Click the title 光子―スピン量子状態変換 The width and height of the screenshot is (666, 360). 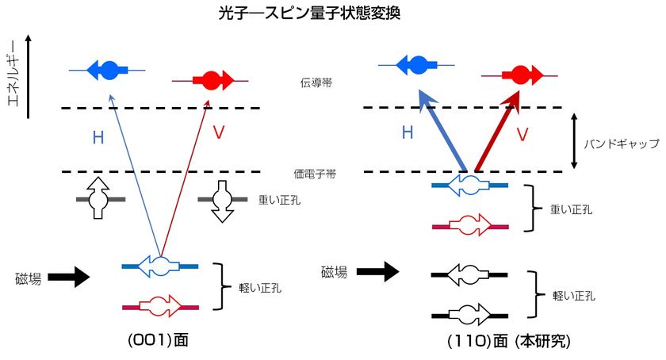tap(309, 13)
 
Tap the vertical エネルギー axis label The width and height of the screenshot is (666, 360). tap(13, 73)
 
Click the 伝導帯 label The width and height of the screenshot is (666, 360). tap(316, 83)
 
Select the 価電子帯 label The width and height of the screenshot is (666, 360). tap(315, 174)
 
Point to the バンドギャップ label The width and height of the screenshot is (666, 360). tap(622, 144)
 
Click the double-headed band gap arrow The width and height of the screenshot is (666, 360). tap(574, 140)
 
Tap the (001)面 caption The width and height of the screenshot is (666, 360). tap(158, 340)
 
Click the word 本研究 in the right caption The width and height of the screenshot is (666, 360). tap(545, 341)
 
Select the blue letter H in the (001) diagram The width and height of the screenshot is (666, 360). tap(98, 138)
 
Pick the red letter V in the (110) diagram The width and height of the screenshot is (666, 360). tap(522, 134)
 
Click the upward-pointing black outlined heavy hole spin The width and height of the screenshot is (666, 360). tap(98, 198)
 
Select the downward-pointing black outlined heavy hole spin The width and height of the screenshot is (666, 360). tap(222, 201)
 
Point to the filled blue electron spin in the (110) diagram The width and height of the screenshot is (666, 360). tap(416, 66)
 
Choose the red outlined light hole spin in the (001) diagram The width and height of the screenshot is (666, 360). tap(160, 306)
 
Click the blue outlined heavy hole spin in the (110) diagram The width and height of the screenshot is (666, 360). tap(469, 186)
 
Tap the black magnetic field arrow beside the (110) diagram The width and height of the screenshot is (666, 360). tap(377, 272)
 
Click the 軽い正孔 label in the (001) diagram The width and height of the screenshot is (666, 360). tap(260, 288)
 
